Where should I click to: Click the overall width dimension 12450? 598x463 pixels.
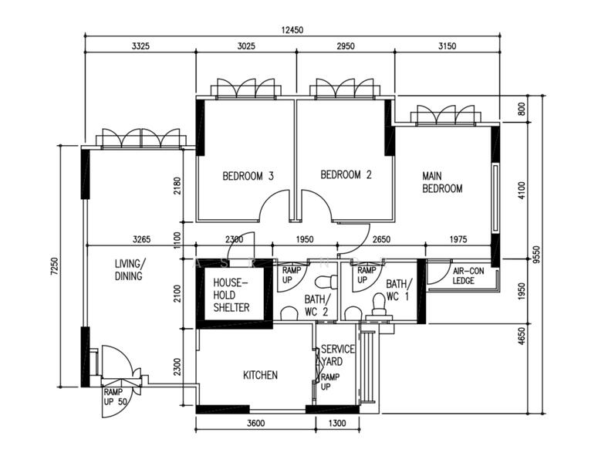tap(292, 30)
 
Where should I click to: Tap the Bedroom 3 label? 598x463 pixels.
tap(248, 176)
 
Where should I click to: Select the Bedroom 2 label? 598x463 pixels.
tap(346, 174)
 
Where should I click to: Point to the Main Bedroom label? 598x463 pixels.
tap(442, 182)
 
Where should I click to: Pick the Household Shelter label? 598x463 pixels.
tap(231, 295)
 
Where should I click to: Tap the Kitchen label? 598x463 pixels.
tap(261, 375)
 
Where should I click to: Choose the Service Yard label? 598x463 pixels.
tap(337, 355)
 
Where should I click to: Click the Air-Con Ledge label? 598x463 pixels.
tap(468, 275)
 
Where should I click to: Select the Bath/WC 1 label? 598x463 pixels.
tap(399, 290)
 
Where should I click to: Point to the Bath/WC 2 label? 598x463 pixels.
tap(317, 305)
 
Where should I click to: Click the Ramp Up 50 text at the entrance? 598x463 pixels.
tap(115, 397)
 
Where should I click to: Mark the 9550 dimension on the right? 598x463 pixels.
tap(537, 255)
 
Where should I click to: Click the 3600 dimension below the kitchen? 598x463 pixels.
tap(255, 423)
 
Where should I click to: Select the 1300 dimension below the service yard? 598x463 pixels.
tap(337, 423)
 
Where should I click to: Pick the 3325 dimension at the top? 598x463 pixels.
tap(140, 46)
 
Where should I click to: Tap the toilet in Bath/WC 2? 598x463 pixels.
tap(326, 282)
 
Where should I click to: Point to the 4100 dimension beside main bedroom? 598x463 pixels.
tap(522, 190)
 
